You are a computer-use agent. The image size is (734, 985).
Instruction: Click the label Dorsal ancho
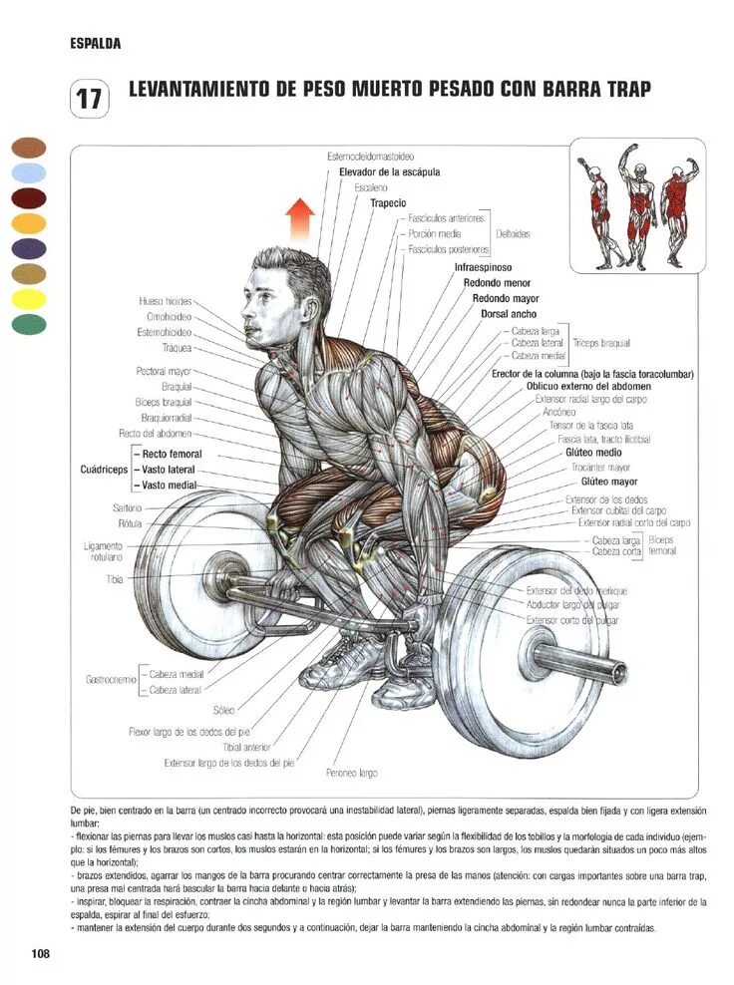[509, 314]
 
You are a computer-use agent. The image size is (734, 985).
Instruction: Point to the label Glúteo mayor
[608, 482]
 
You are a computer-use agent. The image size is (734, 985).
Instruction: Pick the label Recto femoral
[172, 454]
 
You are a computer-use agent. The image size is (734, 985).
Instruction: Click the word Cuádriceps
[104, 469]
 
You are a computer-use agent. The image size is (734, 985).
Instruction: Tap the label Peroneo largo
[351, 772]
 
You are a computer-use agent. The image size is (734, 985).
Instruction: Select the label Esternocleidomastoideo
[371, 157]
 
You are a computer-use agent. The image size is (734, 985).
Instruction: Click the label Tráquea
[178, 349]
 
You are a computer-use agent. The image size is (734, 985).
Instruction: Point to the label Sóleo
[223, 710]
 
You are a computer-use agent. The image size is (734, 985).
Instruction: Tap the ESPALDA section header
[96, 44]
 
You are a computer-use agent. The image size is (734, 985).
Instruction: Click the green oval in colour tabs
[29, 324]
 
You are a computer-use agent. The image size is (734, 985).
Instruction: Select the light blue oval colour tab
[29, 172]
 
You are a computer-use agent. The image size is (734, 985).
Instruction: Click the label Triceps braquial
[601, 343]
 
